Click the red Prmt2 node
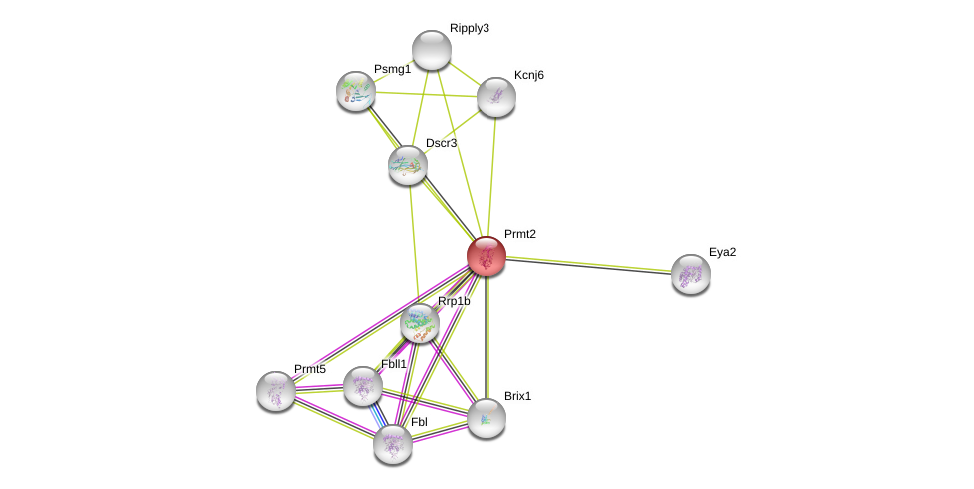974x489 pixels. pyautogui.click(x=487, y=256)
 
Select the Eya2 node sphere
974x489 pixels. pyautogui.click(x=691, y=274)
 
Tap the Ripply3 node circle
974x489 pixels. pyautogui.click(x=432, y=50)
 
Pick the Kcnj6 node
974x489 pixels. pyautogui.click(x=496, y=97)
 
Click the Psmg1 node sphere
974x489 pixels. pyautogui.click(x=356, y=91)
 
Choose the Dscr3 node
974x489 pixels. pyautogui.click(x=408, y=165)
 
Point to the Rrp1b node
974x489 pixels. pyautogui.click(x=420, y=323)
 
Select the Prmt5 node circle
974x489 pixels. pyautogui.click(x=276, y=391)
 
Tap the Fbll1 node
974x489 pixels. pyautogui.click(x=363, y=386)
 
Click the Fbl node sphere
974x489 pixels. pyautogui.click(x=393, y=444)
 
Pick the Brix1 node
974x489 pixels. pyautogui.click(x=487, y=418)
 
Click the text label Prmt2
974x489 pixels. pyautogui.click(x=519, y=234)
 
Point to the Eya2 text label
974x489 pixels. pyautogui.click(x=722, y=252)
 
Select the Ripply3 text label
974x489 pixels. pyautogui.click(x=469, y=28)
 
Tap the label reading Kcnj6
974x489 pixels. pyautogui.click(x=529, y=75)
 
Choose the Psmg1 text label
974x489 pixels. pyautogui.click(x=392, y=69)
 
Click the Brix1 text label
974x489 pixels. pyautogui.click(x=517, y=396)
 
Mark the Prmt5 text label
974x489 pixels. pyautogui.click(x=309, y=369)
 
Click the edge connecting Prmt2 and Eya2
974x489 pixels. pyautogui.click(x=589, y=265)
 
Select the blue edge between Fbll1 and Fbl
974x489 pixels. pyautogui.click(x=377, y=414)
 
